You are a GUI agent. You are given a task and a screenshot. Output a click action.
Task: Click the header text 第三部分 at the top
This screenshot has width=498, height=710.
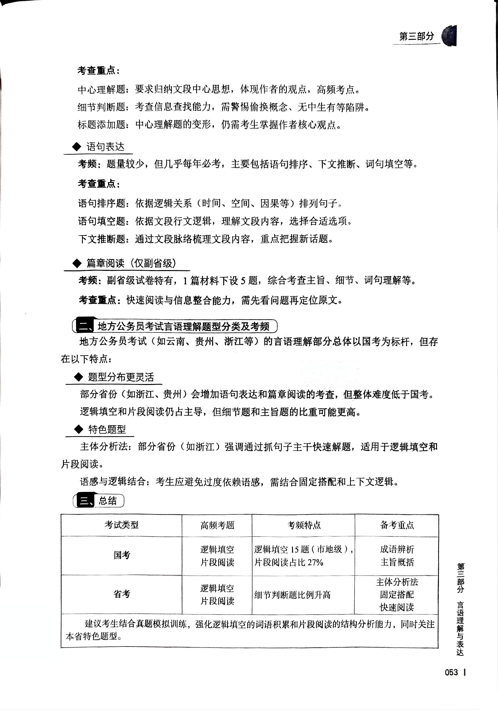tap(417, 36)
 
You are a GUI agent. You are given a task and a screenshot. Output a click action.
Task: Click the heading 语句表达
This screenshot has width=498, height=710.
tap(105, 147)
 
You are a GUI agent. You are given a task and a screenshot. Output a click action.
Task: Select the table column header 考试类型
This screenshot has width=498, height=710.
tap(121, 525)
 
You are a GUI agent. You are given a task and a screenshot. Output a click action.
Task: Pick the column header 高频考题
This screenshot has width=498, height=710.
tap(217, 525)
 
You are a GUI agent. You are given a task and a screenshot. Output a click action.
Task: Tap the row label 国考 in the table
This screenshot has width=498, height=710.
tap(122, 555)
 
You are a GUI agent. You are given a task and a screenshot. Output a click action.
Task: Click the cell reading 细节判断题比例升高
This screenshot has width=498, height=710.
tap(292, 595)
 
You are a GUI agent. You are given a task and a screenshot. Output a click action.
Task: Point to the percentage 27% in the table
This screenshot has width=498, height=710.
tap(315, 562)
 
